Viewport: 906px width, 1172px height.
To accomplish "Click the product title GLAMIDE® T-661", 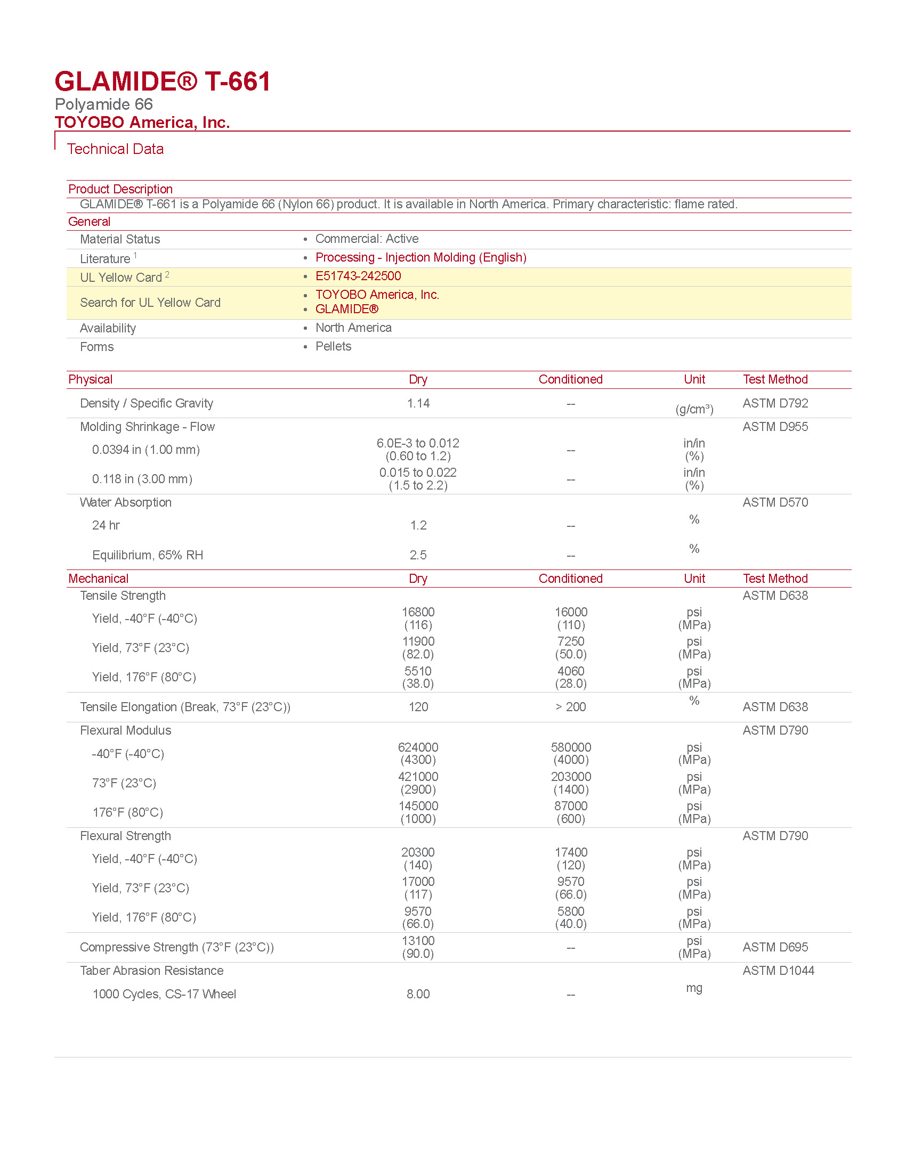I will [163, 82].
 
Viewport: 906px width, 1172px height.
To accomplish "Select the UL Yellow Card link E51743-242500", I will [358, 276].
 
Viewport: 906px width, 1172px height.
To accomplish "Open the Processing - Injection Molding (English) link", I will [420, 257].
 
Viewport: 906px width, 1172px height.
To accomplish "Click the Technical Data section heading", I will [115, 149].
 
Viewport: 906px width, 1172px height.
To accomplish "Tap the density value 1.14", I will [418, 403].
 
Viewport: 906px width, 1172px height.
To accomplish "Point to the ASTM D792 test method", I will [774, 403].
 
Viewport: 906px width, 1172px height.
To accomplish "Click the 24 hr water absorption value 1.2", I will [418, 525].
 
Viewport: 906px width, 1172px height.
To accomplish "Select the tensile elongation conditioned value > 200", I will [570, 707].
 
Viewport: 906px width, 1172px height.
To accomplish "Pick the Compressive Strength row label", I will [176, 947].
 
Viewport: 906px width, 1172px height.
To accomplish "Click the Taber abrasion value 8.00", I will [418, 994].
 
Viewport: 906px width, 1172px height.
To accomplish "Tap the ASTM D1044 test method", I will [778, 970].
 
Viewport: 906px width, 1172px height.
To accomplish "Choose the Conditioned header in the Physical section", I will [570, 379].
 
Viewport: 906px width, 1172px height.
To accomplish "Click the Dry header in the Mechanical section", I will [418, 579].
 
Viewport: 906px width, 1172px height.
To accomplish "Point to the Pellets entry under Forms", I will [333, 346].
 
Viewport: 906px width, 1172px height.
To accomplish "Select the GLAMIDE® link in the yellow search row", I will [347, 309].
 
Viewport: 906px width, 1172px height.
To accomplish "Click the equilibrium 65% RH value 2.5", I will [418, 555].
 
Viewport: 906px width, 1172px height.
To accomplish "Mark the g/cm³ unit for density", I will [694, 410].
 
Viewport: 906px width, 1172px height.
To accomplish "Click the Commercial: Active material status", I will [367, 239].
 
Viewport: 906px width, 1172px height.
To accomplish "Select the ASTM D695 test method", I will [774, 947].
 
